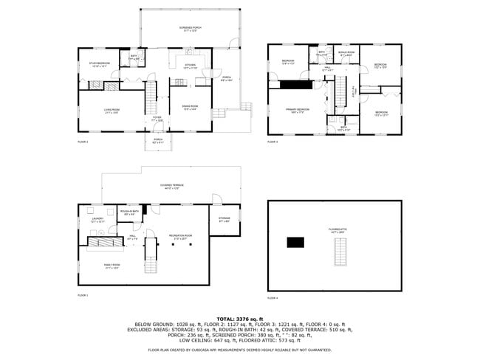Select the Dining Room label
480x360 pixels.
click(x=190, y=108)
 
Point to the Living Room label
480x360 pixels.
click(x=112, y=111)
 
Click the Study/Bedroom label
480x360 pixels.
click(x=100, y=64)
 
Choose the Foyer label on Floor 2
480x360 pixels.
click(x=157, y=119)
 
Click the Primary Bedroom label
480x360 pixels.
click(x=298, y=111)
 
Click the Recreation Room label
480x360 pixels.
click(x=182, y=236)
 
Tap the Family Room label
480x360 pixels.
click(x=110, y=267)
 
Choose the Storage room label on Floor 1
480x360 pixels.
click(x=224, y=219)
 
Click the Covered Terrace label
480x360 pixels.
click(x=171, y=187)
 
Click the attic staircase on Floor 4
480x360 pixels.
click(x=340, y=255)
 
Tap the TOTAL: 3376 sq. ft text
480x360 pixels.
click(x=239, y=319)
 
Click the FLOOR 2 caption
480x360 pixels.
click(x=83, y=142)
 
